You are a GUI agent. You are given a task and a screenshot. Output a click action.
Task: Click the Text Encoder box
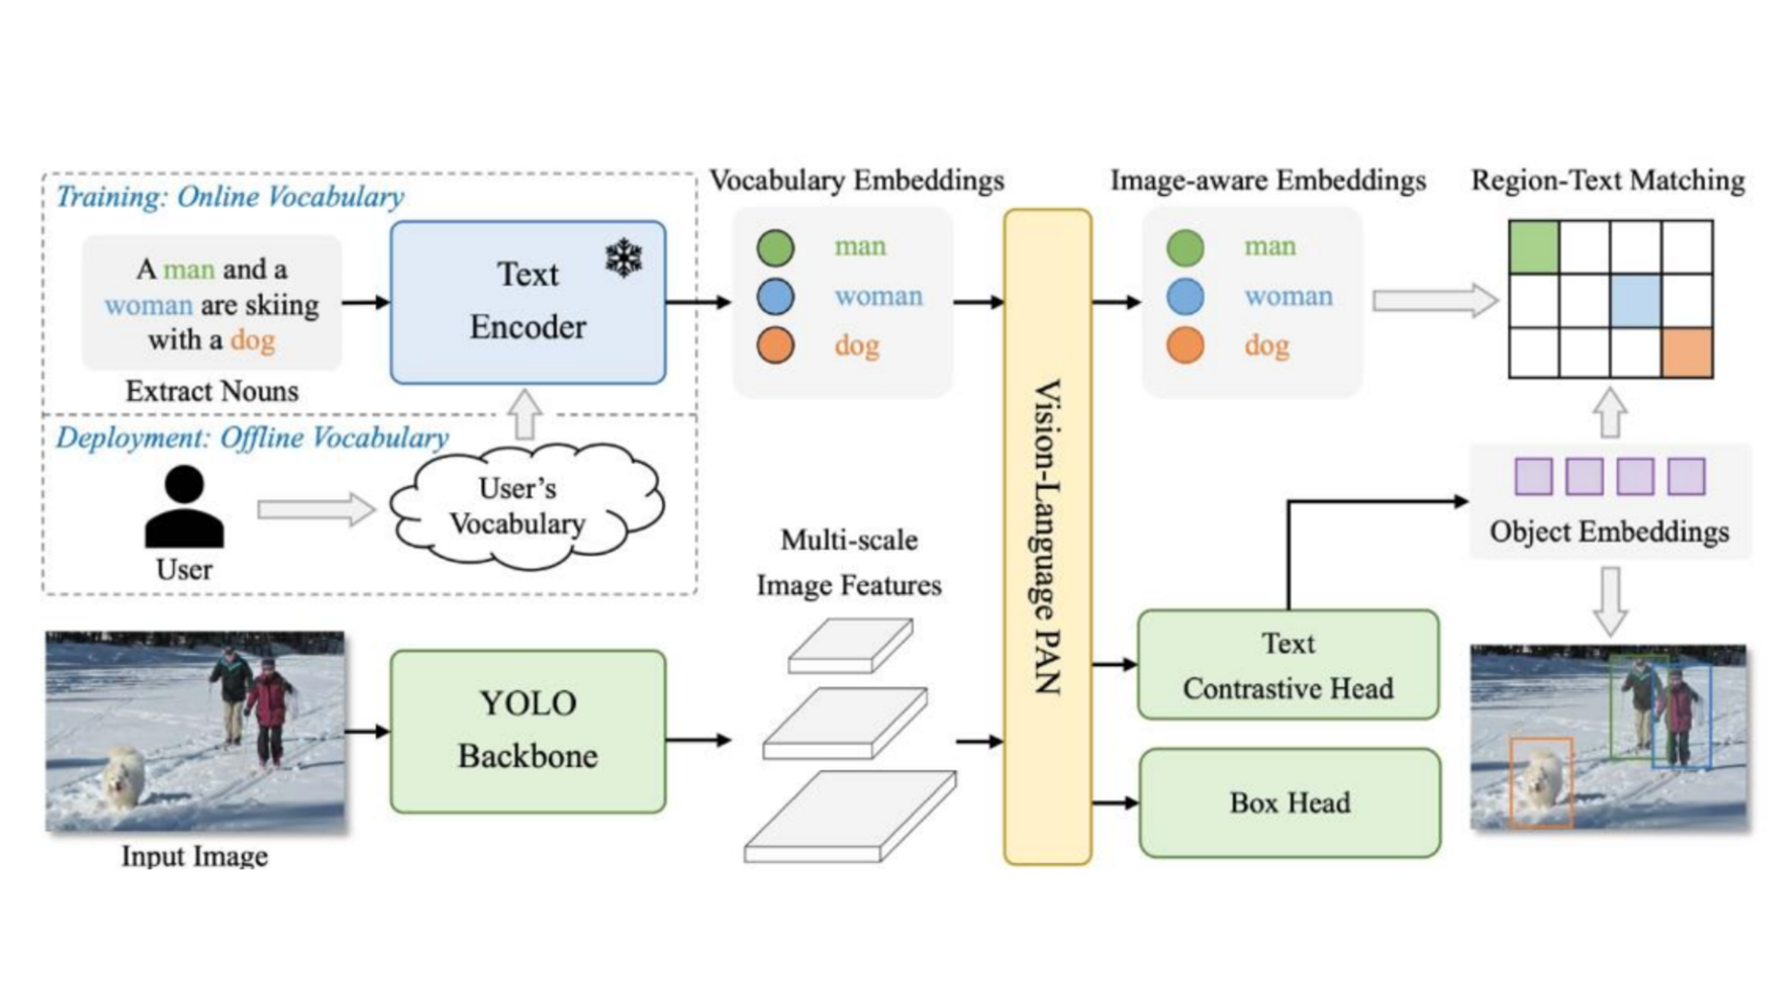[x=528, y=301]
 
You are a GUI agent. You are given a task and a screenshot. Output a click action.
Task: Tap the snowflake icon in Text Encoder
[x=624, y=258]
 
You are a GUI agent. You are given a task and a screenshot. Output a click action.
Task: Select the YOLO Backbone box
[x=528, y=731]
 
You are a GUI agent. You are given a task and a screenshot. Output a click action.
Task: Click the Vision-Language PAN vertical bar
[x=1047, y=536]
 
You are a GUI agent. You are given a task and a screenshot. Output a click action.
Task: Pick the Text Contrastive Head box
[x=1288, y=664]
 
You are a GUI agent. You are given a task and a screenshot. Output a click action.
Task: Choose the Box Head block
[x=1289, y=802]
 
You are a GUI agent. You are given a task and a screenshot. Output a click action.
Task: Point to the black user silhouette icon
[x=184, y=507]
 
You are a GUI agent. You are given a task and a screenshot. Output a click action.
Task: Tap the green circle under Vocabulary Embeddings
[x=775, y=247]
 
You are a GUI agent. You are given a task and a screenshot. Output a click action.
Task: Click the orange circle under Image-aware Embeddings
[x=1185, y=346]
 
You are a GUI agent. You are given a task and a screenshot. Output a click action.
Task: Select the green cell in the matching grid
[x=1534, y=247]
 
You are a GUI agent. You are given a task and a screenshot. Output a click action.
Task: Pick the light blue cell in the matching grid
[x=1635, y=299]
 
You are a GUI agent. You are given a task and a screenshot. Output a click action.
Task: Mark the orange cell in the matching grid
[x=1687, y=352]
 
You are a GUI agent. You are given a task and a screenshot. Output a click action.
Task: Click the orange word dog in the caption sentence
[x=252, y=340]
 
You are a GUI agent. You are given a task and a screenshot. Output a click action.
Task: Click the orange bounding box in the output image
[x=1541, y=781]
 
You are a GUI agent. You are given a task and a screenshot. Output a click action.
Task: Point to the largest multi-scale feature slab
[x=850, y=817]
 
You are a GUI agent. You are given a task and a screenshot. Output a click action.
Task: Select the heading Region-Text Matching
[x=1608, y=180]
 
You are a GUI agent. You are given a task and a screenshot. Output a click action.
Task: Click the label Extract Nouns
[x=212, y=391]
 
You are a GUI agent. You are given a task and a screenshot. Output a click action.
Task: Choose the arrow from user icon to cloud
[x=315, y=509]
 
